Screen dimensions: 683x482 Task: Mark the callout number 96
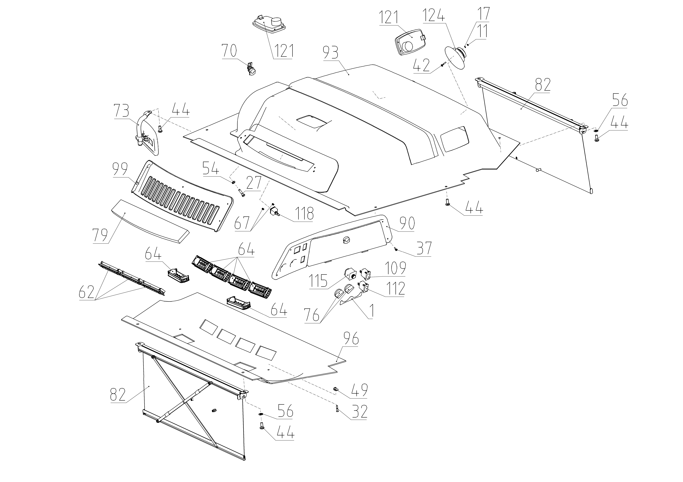[351, 339]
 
